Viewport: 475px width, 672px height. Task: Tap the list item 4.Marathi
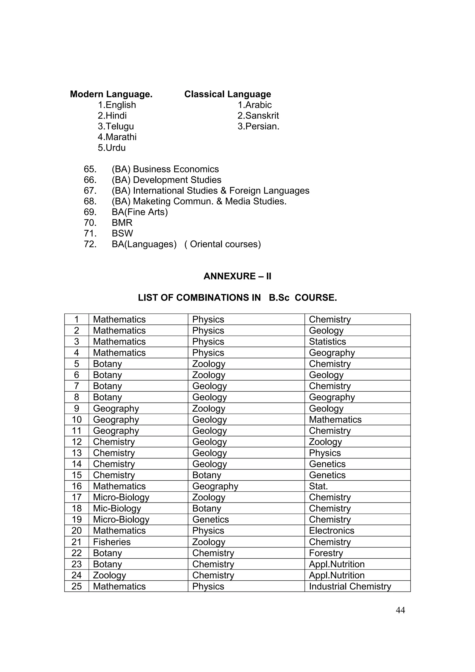(x=117, y=137)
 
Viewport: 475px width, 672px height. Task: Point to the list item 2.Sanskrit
(x=258, y=116)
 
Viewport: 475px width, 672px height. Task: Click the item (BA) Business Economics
(x=165, y=169)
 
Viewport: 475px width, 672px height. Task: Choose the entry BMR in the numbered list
(x=122, y=223)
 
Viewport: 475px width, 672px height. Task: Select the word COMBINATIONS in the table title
(x=218, y=298)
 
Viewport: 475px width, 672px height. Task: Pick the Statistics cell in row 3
(x=327, y=342)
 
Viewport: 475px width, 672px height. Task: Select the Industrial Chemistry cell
(x=350, y=586)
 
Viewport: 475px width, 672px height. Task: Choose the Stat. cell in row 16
(x=318, y=486)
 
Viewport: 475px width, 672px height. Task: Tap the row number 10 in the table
(x=77, y=420)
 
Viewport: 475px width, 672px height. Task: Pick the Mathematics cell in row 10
(x=335, y=420)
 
